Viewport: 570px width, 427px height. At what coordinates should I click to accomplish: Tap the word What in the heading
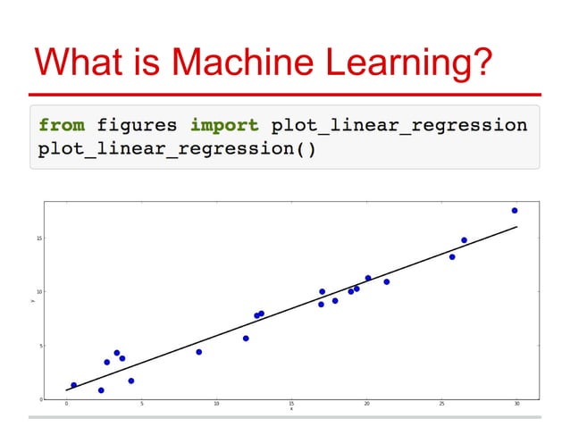pos(81,62)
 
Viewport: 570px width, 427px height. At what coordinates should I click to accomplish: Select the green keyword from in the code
pos(62,124)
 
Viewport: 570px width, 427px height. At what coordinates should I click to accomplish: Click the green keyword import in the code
pos(223,124)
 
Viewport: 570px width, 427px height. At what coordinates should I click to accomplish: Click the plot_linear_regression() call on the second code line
pos(177,148)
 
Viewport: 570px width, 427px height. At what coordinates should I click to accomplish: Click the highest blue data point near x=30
pos(515,211)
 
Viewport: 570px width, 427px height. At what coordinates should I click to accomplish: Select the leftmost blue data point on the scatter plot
pos(73,385)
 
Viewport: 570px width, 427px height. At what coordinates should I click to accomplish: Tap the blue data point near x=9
pos(198,352)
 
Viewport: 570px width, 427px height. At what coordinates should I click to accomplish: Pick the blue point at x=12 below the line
pos(246,339)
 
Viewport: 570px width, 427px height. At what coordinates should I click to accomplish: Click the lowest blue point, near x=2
pos(101,390)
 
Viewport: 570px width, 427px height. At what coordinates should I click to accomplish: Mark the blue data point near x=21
pos(387,281)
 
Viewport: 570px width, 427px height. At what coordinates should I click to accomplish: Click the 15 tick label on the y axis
pos(40,239)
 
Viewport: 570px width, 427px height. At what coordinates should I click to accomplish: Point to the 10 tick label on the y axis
pos(40,292)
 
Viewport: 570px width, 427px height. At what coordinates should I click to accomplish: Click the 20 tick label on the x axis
pos(366,404)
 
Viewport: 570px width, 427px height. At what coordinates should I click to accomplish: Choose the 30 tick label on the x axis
pos(517,404)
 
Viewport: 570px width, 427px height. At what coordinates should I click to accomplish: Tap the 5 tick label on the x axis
pos(141,404)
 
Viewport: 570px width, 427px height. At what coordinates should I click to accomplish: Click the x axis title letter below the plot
pos(291,409)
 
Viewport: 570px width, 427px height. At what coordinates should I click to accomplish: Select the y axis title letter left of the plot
pos(32,301)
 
